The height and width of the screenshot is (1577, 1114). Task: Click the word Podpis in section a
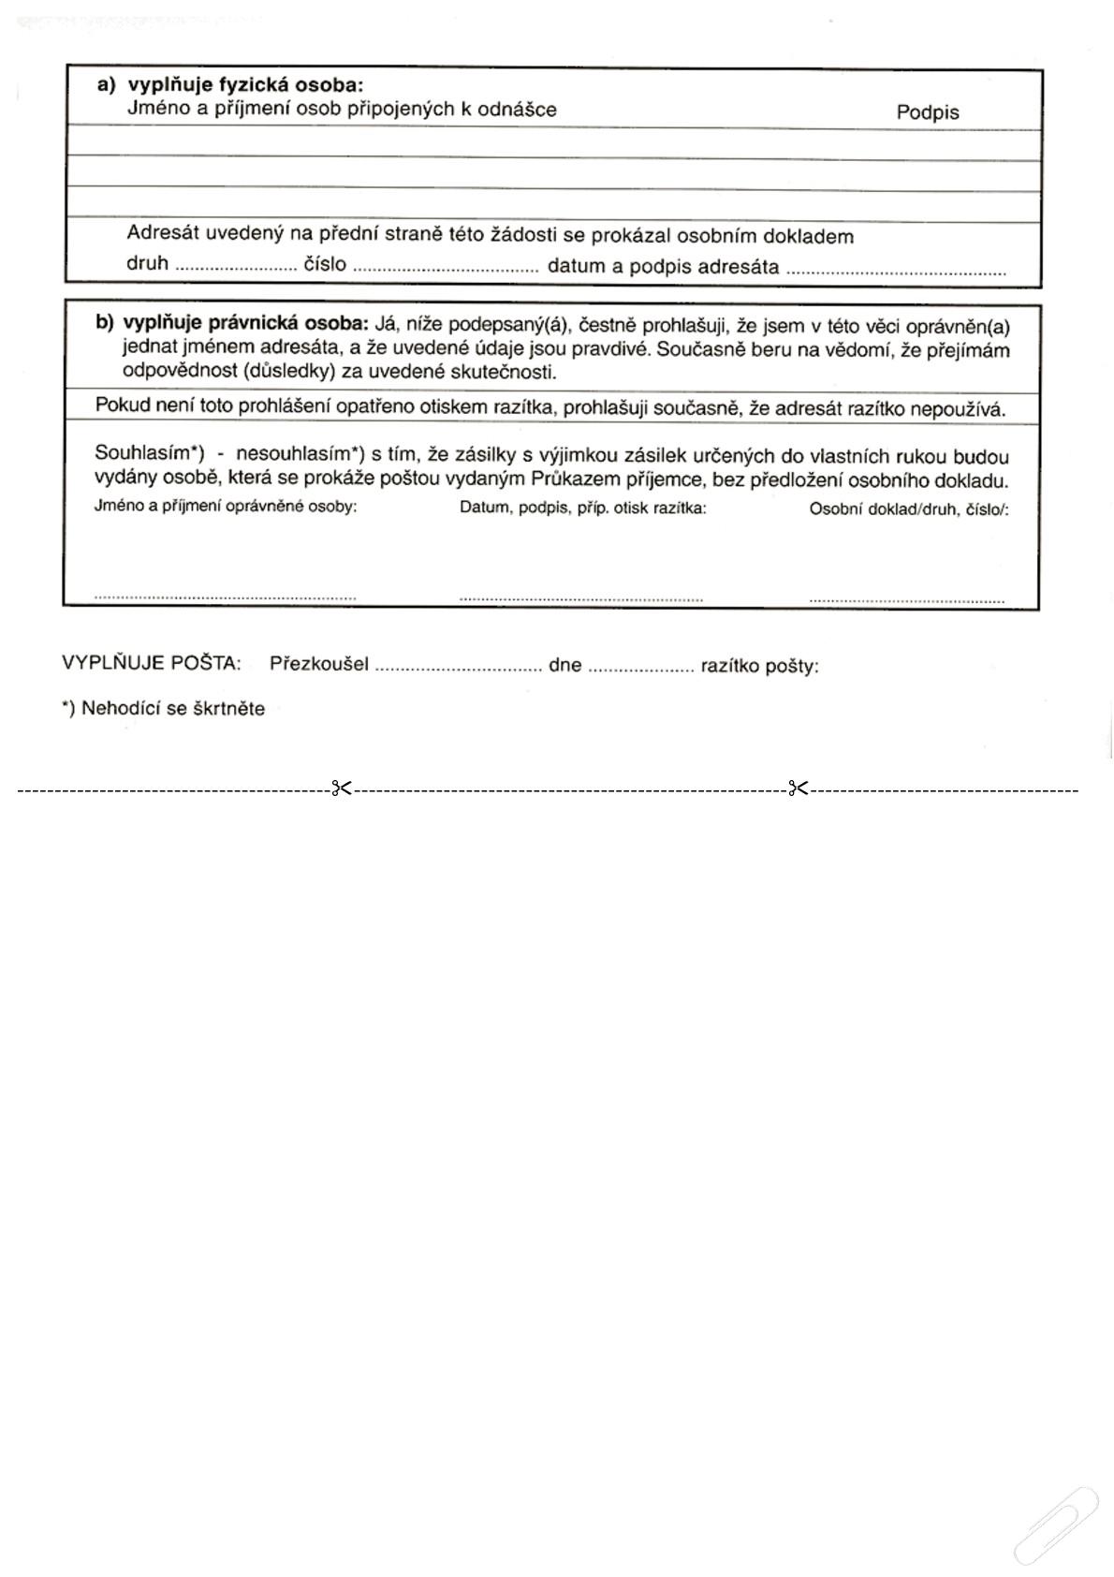pos(927,112)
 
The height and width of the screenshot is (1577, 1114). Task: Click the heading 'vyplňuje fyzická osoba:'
pos(245,85)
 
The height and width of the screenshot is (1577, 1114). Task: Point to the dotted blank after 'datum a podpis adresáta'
pos(896,273)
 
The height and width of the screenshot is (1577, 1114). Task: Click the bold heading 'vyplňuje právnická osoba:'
pos(246,324)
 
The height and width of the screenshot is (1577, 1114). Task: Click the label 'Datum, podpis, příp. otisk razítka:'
pos(582,508)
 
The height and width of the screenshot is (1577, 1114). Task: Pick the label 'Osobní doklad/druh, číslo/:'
pos(908,510)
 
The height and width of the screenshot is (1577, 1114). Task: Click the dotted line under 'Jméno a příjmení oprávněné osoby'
pos(225,596)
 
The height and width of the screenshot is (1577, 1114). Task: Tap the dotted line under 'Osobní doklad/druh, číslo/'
pos(906,599)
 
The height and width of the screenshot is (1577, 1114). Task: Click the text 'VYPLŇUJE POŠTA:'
pos(152,663)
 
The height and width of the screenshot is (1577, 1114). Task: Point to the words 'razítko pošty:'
pos(759,667)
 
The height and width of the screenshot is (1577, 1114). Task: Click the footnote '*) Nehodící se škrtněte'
pos(164,708)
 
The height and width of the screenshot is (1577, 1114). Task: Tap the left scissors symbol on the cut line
pos(341,788)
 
